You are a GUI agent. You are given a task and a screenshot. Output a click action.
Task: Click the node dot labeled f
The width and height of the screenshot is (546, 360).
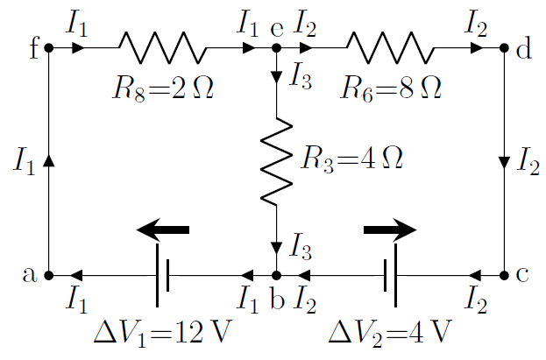[48, 48]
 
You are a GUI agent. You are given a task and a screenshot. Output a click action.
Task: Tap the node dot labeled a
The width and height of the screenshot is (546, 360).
[48, 275]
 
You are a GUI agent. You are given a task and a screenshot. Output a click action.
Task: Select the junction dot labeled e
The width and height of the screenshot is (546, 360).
[276, 48]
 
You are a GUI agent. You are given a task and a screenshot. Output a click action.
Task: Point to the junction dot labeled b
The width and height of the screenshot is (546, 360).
[276, 275]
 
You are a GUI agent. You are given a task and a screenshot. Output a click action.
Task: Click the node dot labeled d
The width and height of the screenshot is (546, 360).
[505, 48]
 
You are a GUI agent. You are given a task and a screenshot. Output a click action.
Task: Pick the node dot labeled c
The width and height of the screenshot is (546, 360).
[505, 275]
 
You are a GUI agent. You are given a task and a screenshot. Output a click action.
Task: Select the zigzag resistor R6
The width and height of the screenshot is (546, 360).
[390, 48]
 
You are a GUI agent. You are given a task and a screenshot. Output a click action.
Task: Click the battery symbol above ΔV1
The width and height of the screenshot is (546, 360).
[162, 275]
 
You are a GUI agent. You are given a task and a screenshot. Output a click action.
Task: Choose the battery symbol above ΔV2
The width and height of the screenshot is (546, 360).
[390, 275]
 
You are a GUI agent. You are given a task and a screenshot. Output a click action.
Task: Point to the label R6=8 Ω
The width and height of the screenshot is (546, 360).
[391, 88]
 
